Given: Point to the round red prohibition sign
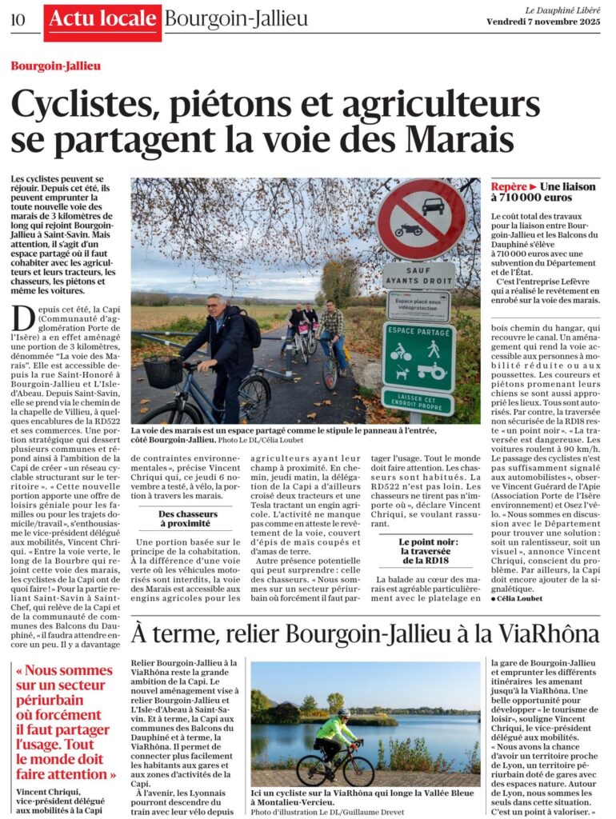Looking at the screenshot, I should [x=421, y=218].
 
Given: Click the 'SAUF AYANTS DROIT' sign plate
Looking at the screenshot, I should [x=418, y=276].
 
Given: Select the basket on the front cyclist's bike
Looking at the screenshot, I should [x=163, y=371].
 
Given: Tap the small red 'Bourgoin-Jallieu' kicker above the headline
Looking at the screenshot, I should [x=56, y=66].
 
